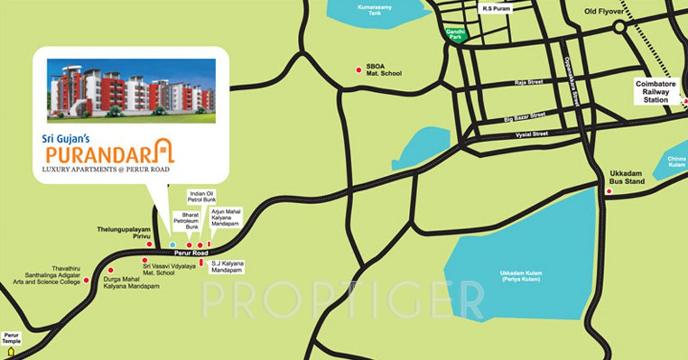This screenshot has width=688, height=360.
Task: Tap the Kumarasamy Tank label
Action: (370, 9)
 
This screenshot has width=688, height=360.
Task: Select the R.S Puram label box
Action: (496, 9)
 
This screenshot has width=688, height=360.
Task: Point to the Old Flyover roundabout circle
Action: (619, 26)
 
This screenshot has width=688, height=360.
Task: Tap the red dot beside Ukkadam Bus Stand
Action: (609, 191)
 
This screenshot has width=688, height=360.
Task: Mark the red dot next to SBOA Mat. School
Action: (358, 69)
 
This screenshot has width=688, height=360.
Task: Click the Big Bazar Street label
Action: (524, 116)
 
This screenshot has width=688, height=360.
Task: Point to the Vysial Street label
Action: (532, 134)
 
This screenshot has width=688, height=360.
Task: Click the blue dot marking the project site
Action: (172, 245)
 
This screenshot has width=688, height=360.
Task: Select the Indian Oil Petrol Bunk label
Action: (202, 196)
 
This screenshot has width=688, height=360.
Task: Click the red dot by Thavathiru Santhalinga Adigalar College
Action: (86, 280)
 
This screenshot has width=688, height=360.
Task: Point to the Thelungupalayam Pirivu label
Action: (124, 233)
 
